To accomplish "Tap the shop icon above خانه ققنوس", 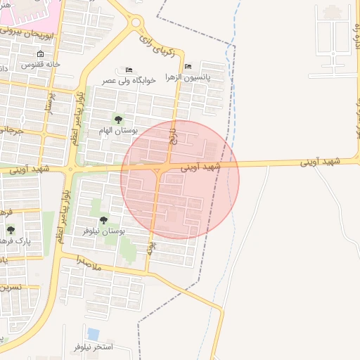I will [40, 54].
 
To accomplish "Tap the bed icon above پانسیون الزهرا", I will [187, 67].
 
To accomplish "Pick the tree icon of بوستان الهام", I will [118, 120].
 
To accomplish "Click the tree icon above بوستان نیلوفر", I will [104, 220].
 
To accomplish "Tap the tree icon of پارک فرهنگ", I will [11, 229].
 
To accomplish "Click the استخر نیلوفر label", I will [94, 347].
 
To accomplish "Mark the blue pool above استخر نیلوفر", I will [93, 334].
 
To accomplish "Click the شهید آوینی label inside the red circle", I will [200, 167].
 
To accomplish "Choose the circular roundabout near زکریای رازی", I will [135, 22].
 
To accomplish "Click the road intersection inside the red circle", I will [162, 169].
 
